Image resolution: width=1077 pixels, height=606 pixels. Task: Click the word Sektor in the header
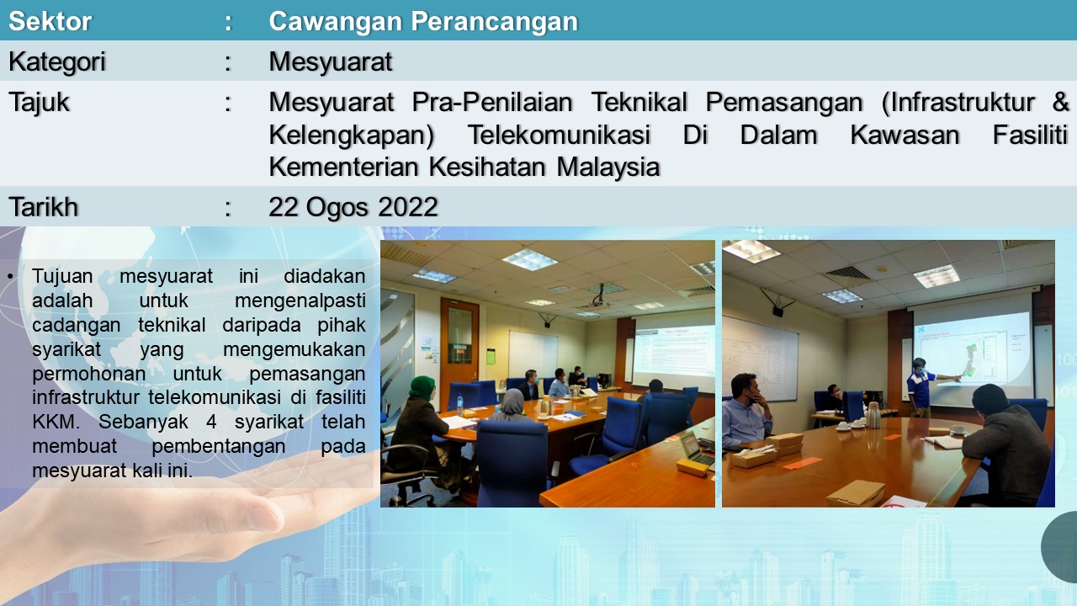[x=50, y=21]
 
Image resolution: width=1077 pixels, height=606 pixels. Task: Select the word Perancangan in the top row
[x=495, y=22]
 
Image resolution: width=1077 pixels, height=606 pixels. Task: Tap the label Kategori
[x=56, y=62]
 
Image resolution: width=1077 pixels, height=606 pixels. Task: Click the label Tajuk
[x=39, y=103]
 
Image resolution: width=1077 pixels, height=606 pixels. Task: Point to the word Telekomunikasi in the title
[x=559, y=135]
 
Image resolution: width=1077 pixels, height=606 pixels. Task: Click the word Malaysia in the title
[x=608, y=167]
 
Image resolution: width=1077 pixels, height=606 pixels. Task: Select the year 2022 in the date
[x=408, y=207]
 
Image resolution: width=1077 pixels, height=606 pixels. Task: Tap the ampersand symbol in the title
[x=1061, y=102]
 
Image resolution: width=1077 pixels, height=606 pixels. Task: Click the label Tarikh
[x=43, y=207]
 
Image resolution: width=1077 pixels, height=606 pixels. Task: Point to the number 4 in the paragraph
[x=210, y=422]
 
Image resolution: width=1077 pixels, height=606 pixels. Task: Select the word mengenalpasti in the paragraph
[x=300, y=301]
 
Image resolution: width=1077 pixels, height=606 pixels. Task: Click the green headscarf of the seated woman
[x=422, y=387]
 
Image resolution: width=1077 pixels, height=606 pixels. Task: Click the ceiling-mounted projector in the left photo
[x=597, y=300]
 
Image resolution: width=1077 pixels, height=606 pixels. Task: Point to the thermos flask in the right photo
[x=873, y=415]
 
